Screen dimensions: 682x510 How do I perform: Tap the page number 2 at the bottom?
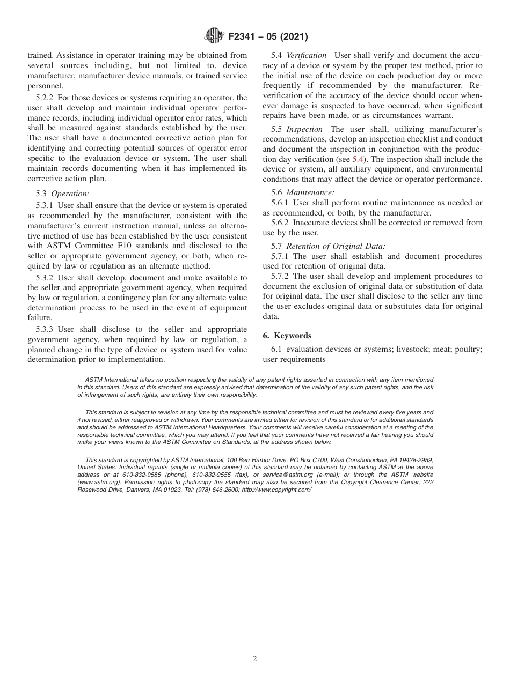(255, 659)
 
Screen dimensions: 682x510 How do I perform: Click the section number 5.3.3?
(46, 329)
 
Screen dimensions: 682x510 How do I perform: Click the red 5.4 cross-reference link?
(358, 159)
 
